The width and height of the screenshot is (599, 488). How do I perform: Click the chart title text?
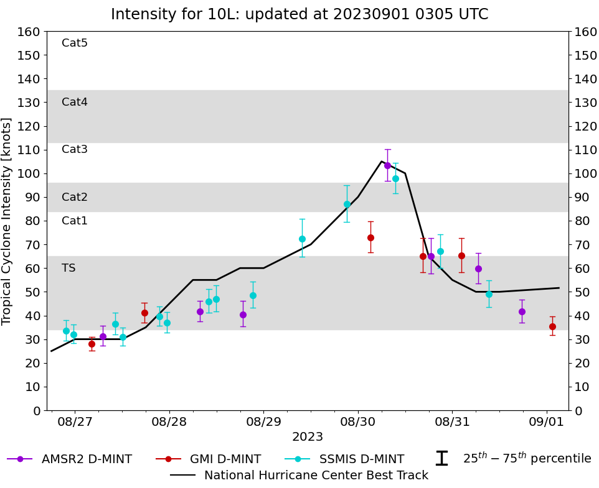[x=299, y=14]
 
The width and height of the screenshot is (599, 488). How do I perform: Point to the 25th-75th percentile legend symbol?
[x=441, y=459]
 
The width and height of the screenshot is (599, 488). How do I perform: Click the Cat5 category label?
[x=75, y=43]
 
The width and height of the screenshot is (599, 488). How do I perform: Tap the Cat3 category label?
[x=75, y=149]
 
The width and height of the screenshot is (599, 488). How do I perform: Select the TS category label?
[x=68, y=268]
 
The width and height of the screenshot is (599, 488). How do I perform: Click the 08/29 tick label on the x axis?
[x=263, y=422]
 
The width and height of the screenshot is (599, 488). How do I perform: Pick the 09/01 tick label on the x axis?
[x=547, y=422]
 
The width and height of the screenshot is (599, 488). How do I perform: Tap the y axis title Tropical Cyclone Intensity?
[x=7, y=221]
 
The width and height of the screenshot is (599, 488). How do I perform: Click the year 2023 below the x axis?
[x=308, y=437]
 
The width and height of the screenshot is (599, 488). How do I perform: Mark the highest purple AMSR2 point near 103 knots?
[x=387, y=165]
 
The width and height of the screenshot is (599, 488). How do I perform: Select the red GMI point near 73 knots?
[x=370, y=237]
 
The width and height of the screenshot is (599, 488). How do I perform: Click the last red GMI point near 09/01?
[x=552, y=326]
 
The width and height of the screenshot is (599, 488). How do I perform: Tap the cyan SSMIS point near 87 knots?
[x=347, y=204]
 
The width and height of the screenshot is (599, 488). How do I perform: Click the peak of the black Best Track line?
[x=382, y=161]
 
